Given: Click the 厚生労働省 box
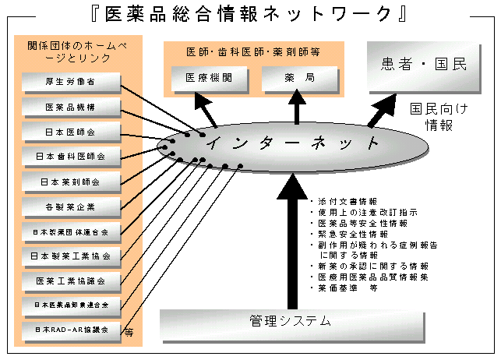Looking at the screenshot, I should pos(71,81).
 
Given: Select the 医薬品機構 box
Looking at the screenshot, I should pos(71,106).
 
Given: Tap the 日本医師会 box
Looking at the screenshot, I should pos(71,131).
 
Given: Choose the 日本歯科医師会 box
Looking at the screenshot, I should pos(71,157).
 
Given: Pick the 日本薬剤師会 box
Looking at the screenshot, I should pos(71,182).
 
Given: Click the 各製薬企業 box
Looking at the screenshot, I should pos(71,206).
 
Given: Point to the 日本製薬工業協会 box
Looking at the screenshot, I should pos(71,256).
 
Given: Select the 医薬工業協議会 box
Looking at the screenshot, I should pos(71,281).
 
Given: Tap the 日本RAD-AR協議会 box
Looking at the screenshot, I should pos(71,330).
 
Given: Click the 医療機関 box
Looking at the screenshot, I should pos(208,78).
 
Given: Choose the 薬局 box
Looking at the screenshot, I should pos(297,78).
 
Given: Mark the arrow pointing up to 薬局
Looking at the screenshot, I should pos(297,108).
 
